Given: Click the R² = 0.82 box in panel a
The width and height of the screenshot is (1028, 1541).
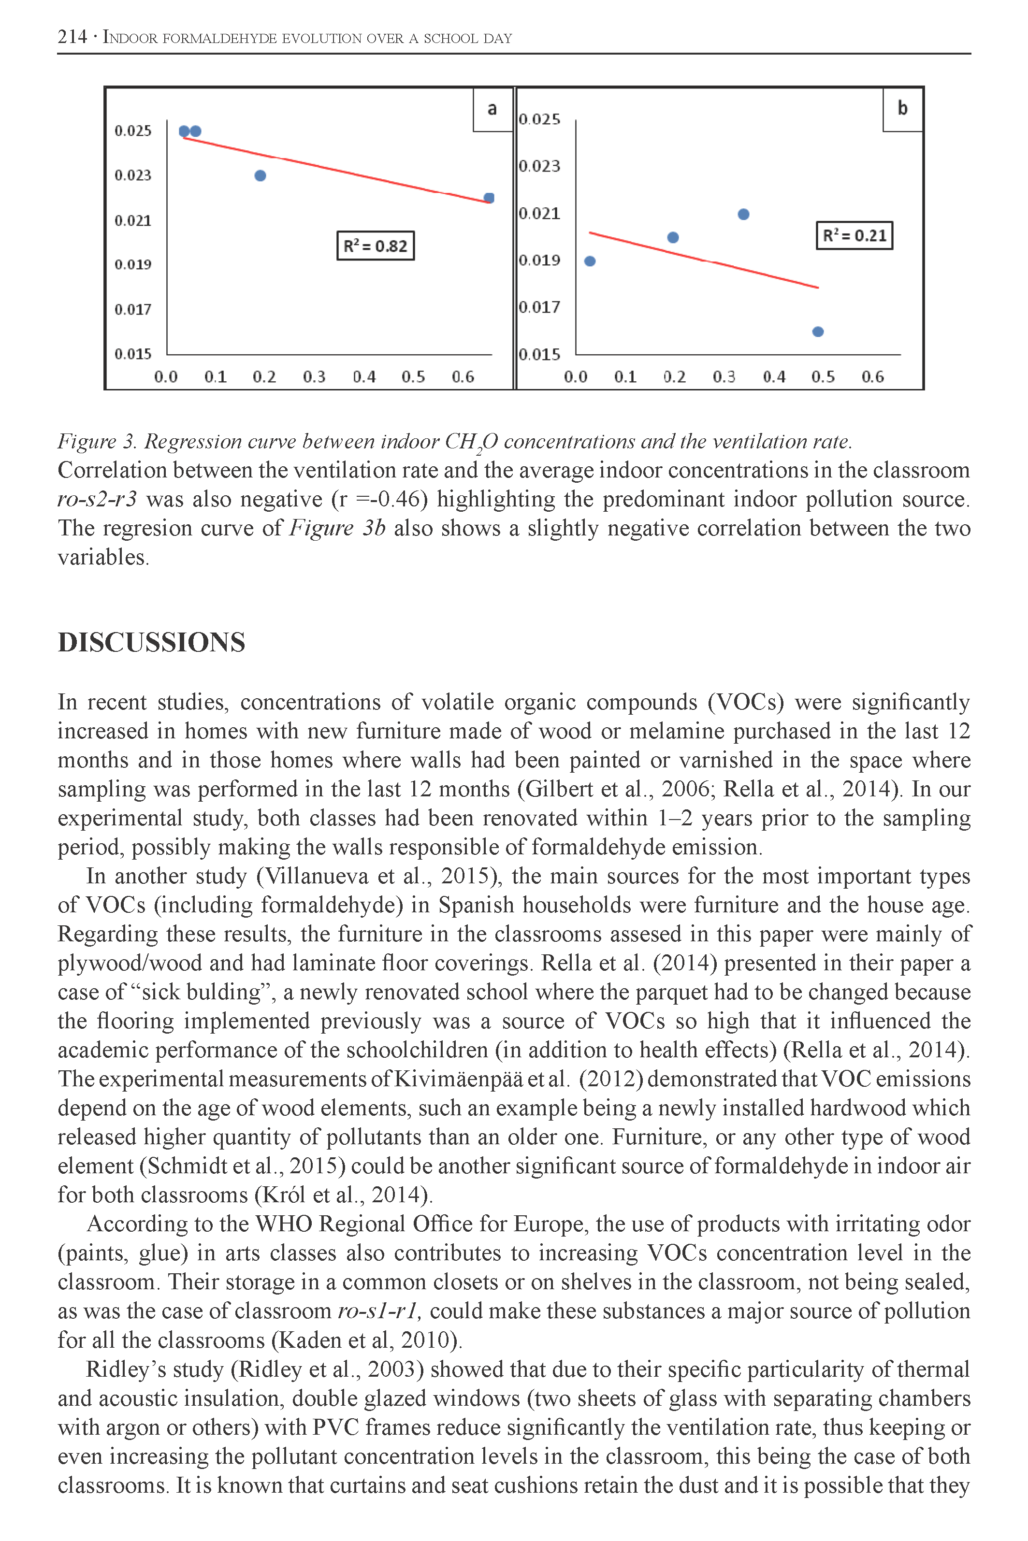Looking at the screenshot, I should pos(375,246).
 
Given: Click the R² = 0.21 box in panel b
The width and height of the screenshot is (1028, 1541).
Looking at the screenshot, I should pos(854,235).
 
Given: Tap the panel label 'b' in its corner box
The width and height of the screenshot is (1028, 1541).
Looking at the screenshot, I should pos(902,109).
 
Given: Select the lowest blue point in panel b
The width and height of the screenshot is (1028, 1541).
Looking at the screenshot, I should pos(818,331).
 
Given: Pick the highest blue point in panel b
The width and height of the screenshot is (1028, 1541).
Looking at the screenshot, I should pos(743,215).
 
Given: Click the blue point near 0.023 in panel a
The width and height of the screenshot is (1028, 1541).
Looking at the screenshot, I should pos(261,176).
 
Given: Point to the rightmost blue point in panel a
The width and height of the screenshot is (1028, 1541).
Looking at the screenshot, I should pos(489,198).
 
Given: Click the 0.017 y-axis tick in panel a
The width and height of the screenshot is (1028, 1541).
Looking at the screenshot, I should pos(133,309).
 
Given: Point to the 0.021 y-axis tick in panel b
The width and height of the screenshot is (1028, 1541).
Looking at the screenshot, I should pos(539,214).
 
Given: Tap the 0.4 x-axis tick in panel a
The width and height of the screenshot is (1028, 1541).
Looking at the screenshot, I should pos(364,377).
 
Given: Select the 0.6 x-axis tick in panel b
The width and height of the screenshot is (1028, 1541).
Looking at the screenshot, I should pos(872,377).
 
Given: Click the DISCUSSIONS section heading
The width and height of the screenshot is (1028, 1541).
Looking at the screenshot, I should pos(151,642).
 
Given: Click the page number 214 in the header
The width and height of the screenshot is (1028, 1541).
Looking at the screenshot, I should pos(72,37).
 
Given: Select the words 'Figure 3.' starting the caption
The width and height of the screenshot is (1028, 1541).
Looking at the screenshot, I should pos(97,442).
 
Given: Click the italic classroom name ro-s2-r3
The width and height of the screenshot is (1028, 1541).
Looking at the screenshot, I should pos(97,500).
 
